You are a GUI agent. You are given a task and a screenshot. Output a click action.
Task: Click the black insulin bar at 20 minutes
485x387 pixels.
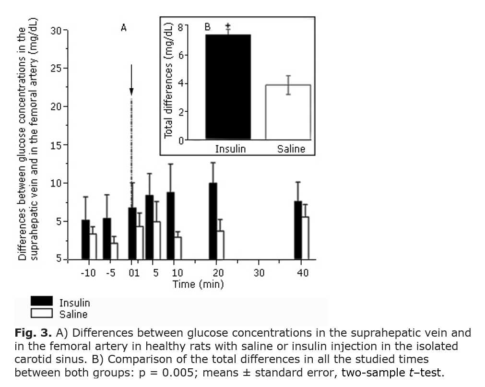click(x=213, y=221)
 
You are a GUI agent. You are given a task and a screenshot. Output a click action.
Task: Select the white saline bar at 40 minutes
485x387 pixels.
click(x=305, y=238)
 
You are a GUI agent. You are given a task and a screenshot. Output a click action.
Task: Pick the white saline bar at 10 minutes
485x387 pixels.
click(x=178, y=248)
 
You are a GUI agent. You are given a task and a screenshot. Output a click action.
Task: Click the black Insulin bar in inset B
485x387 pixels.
click(x=228, y=87)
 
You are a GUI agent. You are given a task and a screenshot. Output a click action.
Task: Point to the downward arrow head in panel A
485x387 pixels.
click(x=131, y=91)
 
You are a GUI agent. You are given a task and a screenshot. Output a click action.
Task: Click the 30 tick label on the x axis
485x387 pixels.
click(x=259, y=273)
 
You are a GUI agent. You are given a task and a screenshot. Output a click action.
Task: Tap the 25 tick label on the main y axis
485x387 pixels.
click(x=57, y=68)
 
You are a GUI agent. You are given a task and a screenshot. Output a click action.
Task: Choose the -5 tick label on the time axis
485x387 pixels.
click(x=110, y=273)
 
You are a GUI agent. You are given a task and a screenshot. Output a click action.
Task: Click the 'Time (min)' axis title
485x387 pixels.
click(x=198, y=284)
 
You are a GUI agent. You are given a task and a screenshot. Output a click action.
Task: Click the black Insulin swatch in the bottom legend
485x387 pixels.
click(x=42, y=301)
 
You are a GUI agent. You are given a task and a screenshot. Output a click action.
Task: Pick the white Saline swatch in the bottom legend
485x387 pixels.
click(x=42, y=313)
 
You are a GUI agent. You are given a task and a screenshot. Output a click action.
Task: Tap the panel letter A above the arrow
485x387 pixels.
click(x=123, y=28)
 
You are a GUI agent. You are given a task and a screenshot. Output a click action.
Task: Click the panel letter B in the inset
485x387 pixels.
click(x=208, y=27)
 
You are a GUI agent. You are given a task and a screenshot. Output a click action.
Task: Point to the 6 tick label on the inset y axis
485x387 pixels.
click(x=180, y=55)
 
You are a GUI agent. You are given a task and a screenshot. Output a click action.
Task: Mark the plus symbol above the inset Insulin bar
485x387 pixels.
click(x=228, y=26)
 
